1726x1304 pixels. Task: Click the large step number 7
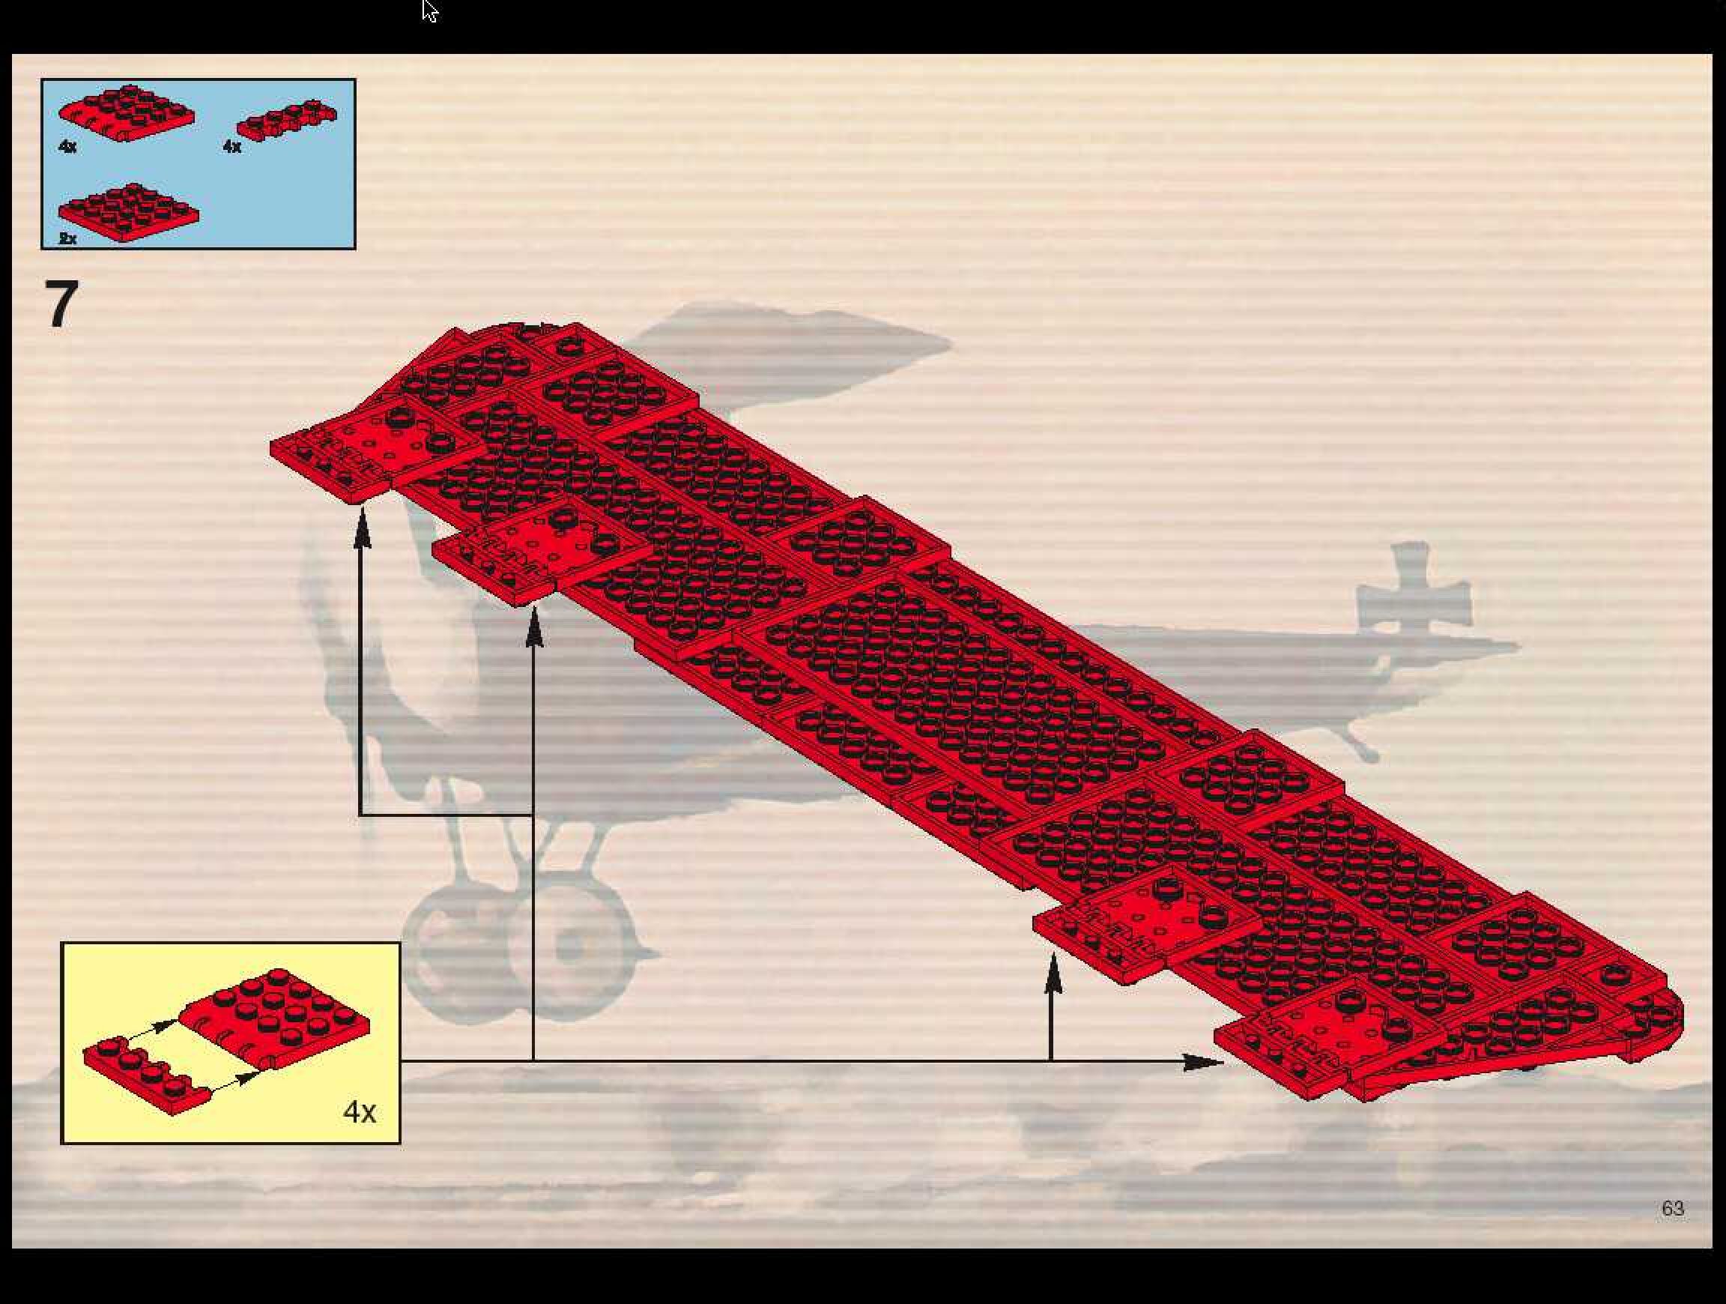tap(61, 304)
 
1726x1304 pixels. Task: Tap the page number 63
tap(1672, 1208)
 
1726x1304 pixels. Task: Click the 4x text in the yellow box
tap(359, 1111)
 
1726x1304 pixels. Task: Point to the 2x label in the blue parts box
tap(68, 239)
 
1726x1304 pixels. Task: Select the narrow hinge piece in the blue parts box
tap(287, 121)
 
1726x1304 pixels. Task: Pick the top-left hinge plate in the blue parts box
tap(127, 112)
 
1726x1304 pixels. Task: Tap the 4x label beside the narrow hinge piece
tap(231, 146)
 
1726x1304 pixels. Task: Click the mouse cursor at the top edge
tap(429, 10)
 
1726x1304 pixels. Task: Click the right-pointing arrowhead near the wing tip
tap(1202, 1061)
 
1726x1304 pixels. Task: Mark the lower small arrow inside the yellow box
tap(237, 1079)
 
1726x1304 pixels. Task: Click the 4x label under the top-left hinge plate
tap(68, 146)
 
